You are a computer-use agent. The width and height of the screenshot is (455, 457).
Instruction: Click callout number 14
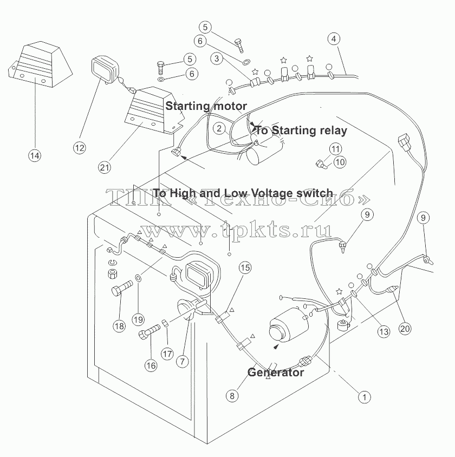35,155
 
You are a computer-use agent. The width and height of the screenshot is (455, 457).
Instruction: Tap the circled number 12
79,148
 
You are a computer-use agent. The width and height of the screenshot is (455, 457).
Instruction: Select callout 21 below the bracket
105,167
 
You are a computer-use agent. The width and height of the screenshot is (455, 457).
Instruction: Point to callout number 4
334,39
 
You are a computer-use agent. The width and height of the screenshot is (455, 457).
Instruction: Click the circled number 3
217,58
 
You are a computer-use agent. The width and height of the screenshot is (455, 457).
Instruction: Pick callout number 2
219,128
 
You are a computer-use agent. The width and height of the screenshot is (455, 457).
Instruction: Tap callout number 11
335,149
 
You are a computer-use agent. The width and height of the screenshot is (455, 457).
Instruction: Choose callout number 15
245,267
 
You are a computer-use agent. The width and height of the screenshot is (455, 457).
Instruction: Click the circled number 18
119,326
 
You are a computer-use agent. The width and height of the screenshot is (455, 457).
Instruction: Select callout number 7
183,361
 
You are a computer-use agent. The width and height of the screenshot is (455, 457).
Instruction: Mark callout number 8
232,395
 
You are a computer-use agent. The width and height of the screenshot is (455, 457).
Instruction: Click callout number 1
365,397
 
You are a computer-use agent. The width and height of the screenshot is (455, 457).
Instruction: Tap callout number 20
405,329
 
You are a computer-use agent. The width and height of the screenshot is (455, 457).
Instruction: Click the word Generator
276,373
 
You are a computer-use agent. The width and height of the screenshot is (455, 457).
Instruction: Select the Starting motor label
206,106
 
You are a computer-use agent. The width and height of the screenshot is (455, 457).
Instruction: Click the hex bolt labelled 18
122,289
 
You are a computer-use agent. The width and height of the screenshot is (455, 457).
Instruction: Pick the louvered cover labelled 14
40,64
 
